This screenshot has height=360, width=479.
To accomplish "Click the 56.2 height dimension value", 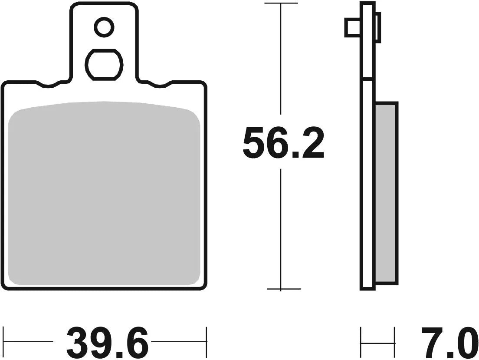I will (x=283, y=143).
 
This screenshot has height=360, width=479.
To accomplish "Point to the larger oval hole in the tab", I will (x=104, y=65).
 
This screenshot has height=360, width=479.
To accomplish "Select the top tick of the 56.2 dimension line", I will (x=281, y=3).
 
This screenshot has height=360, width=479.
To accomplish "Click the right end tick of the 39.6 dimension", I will (x=207, y=341).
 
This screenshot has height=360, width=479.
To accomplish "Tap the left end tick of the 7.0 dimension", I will (x=361, y=341).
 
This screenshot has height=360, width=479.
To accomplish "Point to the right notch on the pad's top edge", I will (x=158, y=85).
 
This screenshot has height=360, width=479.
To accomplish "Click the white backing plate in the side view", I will (x=367, y=182).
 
